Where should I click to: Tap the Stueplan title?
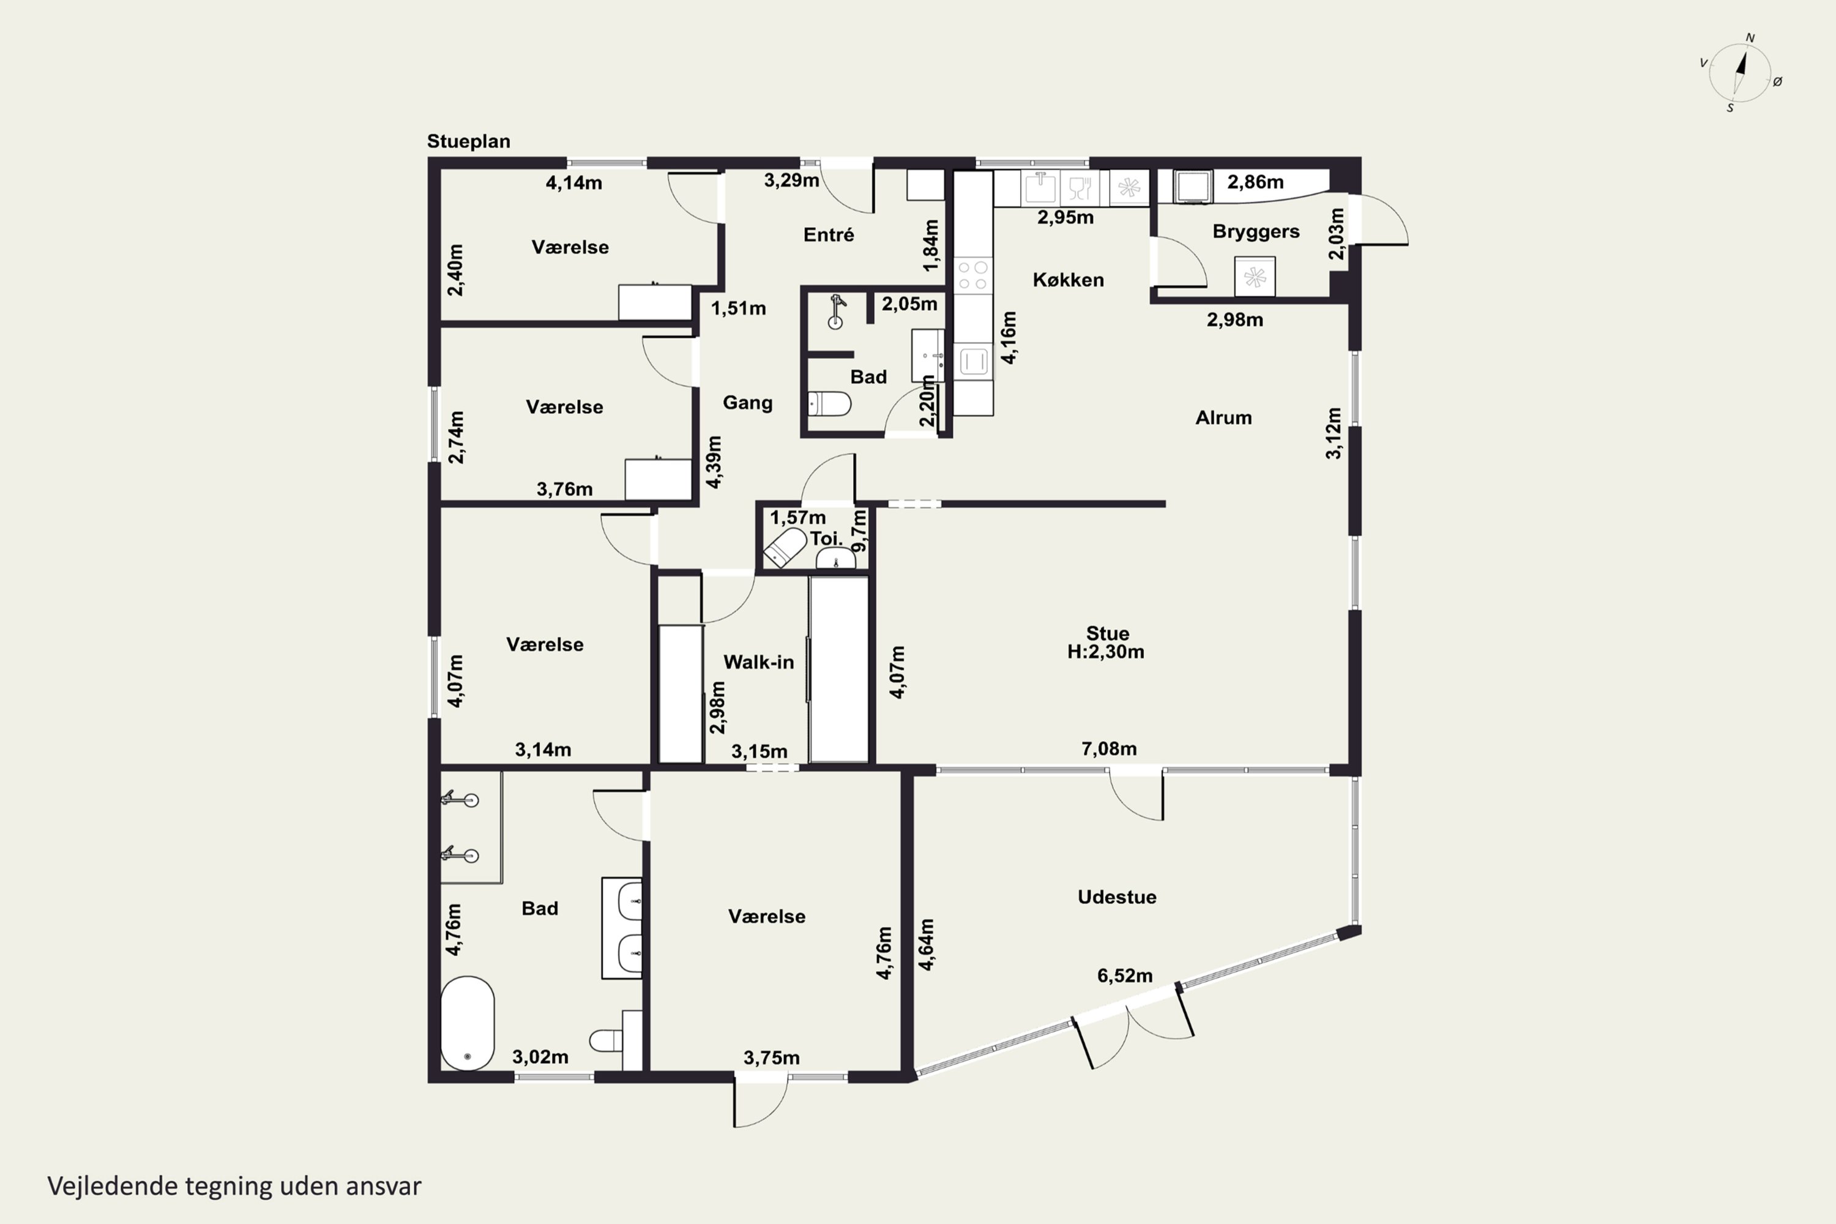coord(468,141)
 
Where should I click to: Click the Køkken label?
coord(1068,280)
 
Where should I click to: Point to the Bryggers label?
coord(1255,232)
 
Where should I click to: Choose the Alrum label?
coord(1223,417)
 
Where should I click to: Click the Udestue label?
coord(1117,897)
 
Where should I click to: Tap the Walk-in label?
coord(758,662)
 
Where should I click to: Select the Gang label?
coord(747,403)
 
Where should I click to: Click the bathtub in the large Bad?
coord(468,1023)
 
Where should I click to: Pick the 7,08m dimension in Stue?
coord(1108,748)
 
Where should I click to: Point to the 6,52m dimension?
coord(1125,975)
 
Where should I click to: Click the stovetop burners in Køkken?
coord(972,275)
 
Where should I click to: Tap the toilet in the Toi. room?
coord(785,547)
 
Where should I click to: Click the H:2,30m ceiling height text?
coord(1105,652)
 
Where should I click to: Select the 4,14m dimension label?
coord(574,182)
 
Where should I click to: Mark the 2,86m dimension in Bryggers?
coord(1255,182)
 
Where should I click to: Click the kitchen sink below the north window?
coord(1040,188)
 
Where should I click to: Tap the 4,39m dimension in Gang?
coord(714,462)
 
